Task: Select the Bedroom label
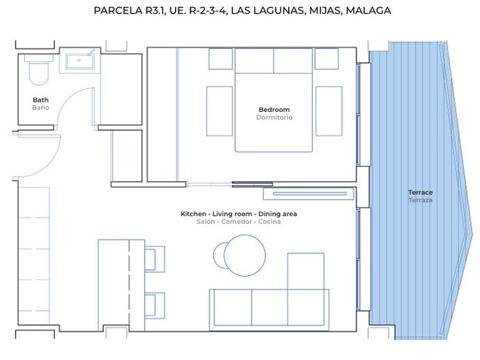point(274,110)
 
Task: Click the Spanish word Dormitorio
point(274,117)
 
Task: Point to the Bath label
point(41,100)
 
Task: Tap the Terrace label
point(420,192)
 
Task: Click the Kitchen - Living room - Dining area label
point(239,214)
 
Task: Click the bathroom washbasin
point(79,61)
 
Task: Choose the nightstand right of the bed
point(328,111)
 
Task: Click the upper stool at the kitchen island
point(154,258)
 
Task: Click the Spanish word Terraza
point(420,200)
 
